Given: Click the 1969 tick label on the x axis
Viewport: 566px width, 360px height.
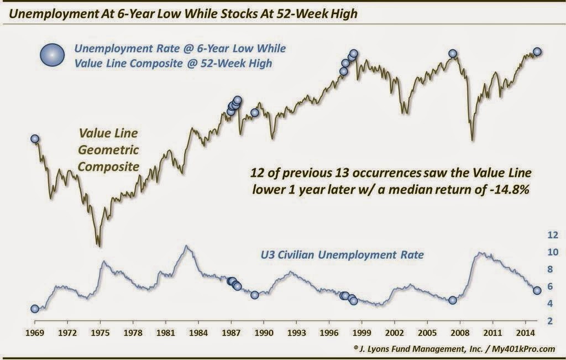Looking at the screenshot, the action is [35, 332].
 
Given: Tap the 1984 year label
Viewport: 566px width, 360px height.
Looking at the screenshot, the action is [198, 332].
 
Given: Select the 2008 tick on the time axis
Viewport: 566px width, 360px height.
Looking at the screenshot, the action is [460, 332].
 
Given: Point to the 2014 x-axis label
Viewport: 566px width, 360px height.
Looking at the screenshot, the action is [525, 332].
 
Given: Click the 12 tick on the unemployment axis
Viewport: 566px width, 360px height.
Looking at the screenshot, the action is [553, 235].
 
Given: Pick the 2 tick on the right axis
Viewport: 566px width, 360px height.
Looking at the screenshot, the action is [550, 321].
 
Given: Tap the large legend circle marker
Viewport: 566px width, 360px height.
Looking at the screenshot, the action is [53, 55].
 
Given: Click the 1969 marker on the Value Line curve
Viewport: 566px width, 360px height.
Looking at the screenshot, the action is [35, 139].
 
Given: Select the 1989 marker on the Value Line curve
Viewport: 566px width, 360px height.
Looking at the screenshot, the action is [254, 113].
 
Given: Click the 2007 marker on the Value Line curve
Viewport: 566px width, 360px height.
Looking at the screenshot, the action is [453, 54].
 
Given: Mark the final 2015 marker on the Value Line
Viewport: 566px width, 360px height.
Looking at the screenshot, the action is [537, 51].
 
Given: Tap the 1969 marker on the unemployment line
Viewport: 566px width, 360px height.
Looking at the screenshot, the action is [35, 309].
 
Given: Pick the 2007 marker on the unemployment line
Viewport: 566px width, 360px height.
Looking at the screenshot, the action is [453, 300].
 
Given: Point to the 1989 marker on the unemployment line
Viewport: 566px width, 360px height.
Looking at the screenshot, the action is [254, 295].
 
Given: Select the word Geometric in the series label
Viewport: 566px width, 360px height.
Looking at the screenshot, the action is [108, 150].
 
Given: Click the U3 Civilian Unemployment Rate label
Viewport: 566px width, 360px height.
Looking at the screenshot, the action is [342, 255].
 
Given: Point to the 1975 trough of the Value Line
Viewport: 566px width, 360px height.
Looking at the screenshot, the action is [99, 246].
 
